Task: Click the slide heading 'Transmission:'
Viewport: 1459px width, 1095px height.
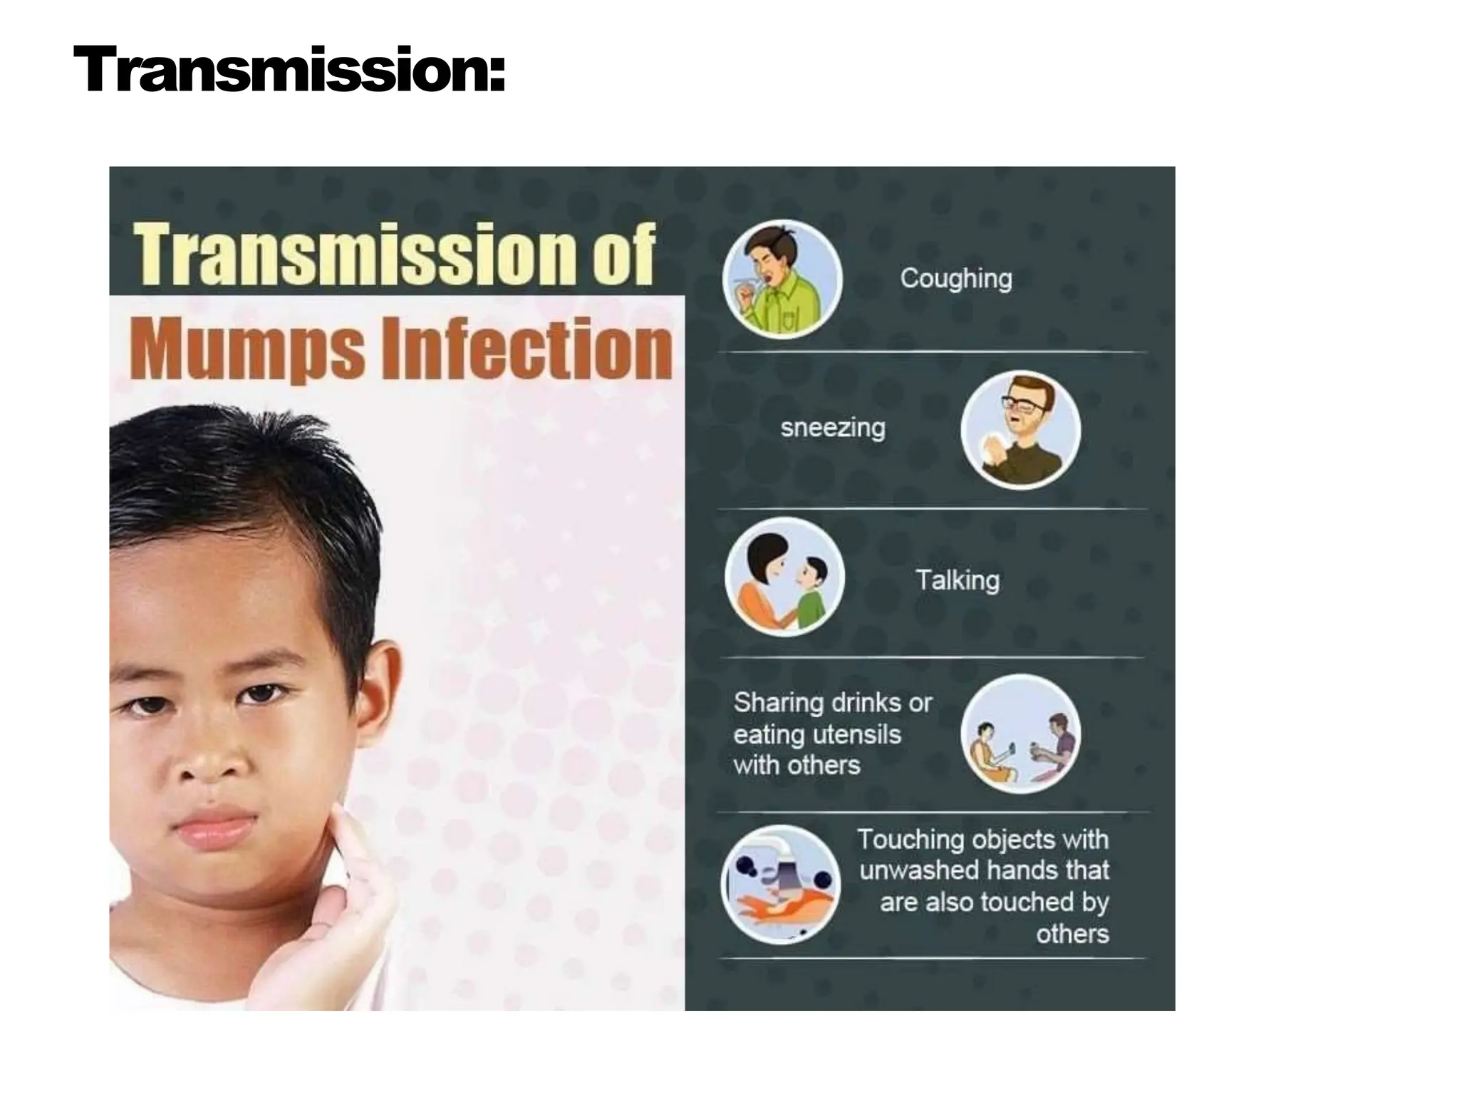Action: tap(289, 69)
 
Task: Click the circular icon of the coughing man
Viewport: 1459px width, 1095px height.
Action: tap(782, 279)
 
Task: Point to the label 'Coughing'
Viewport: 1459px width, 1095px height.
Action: tap(955, 279)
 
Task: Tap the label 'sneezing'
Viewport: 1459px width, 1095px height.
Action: tap(833, 428)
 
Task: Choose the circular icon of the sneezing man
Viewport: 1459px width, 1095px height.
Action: tap(1020, 430)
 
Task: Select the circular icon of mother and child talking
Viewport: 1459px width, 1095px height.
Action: tap(784, 577)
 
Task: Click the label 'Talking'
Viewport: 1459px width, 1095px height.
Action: tap(957, 580)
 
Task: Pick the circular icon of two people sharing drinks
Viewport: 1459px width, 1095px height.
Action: tap(1020, 734)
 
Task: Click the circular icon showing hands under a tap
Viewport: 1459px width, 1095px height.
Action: tap(781, 885)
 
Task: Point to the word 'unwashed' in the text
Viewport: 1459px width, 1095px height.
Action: tap(918, 870)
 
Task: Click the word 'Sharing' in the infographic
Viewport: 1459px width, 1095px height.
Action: tap(778, 703)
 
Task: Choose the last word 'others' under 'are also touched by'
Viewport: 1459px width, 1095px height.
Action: tap(1072, 934)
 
